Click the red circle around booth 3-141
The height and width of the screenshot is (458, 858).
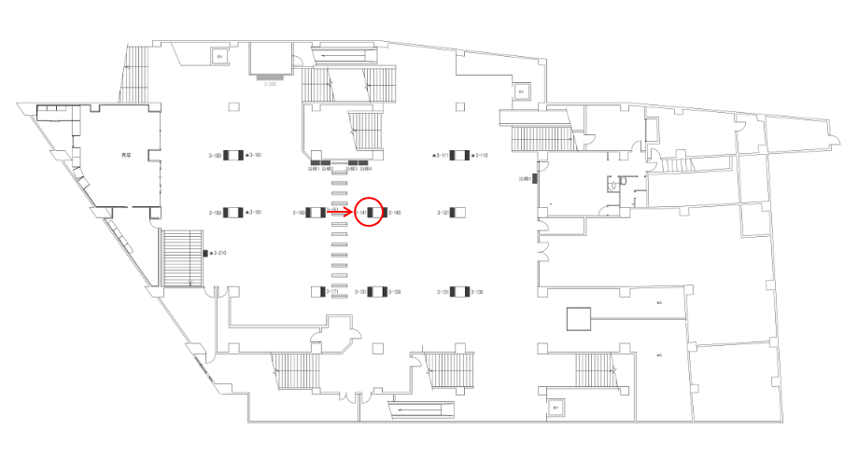[x=371, y=212]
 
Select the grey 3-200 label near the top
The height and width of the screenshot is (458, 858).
[x=273, y=84]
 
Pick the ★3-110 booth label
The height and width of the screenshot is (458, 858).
[x=480, y=155]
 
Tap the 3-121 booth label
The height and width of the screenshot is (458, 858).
[x=443, y=213]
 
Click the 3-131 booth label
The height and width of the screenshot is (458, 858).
[x=443, y=292]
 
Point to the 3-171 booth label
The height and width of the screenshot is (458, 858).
[x=331, y=292]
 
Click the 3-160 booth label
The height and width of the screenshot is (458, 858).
[x=300, y=213]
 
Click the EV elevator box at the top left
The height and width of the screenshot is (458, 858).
[x=220, y=57]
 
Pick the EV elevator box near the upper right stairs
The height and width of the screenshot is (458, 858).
[x=521, y=92]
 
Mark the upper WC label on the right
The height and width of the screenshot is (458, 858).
[x=658, y=303]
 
